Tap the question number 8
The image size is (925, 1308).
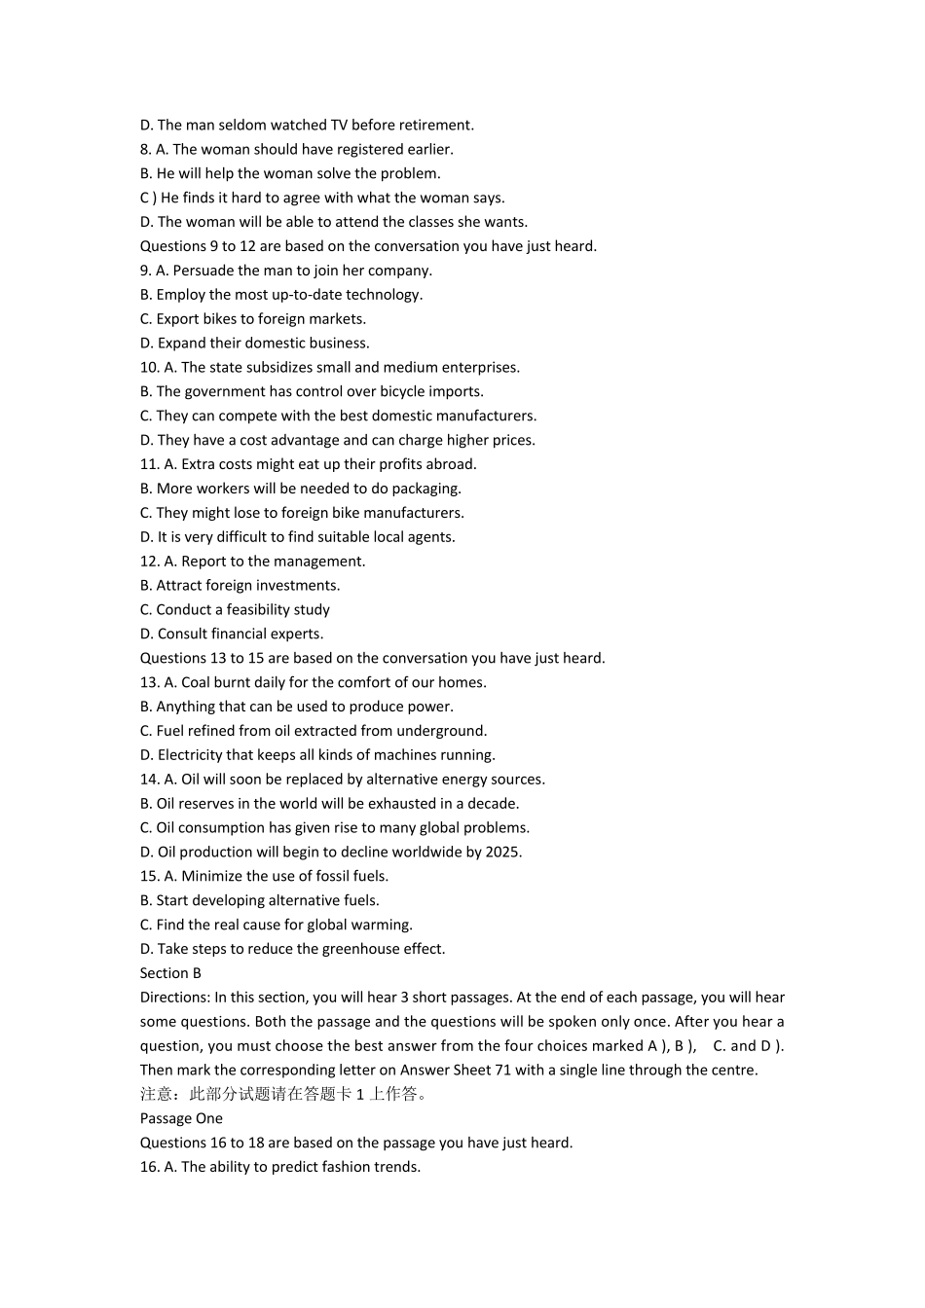coord(145,150)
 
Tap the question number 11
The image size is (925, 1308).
coord(149,465)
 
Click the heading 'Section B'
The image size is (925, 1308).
coord(170,973)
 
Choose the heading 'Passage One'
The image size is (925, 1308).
coord(181,1119)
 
